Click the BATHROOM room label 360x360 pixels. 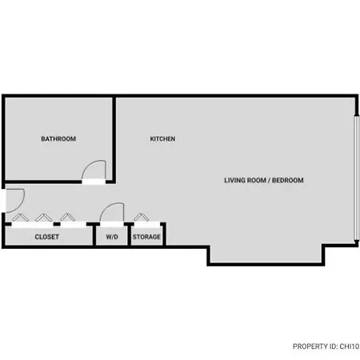[x=58, y=138]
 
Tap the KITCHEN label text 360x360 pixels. [x=162, y=138]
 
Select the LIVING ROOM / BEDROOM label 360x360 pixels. [x=264, y=180]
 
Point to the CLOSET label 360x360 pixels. [x=47, y=237]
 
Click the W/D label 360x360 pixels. [x=112, y=237]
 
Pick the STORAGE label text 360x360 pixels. [x=146, y=237]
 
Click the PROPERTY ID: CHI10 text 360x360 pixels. [x=326, y=346]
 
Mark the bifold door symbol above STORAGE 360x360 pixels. [x=142, y=217]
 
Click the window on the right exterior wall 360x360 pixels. [x=356, y=178]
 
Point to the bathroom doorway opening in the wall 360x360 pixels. [x=94, y=182]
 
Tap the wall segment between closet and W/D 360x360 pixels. [x=94, y=234]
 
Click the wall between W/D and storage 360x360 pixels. [x=129, y=234]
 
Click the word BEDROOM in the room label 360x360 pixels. [x=288, y=180]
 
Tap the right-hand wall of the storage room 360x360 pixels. [x=164, y=234]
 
